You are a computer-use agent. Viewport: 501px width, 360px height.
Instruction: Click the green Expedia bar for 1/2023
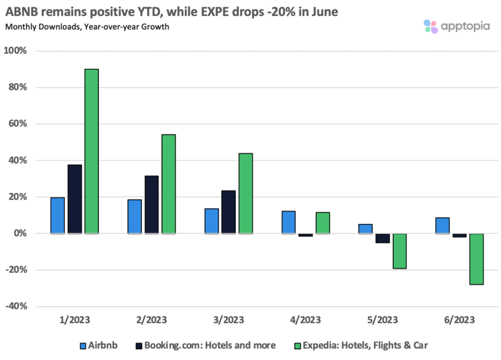91,151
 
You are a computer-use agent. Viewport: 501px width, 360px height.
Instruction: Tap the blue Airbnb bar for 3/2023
211,221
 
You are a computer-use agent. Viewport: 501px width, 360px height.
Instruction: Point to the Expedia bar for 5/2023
399,251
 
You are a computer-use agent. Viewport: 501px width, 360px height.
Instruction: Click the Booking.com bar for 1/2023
75,199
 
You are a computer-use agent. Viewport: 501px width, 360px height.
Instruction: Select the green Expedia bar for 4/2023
322,223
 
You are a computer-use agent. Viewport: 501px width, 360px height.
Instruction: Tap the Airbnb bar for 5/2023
365,228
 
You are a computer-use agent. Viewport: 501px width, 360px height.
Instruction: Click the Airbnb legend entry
98,346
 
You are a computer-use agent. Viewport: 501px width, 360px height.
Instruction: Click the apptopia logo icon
431,26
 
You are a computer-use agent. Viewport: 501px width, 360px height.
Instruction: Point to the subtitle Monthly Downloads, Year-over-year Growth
87,27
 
